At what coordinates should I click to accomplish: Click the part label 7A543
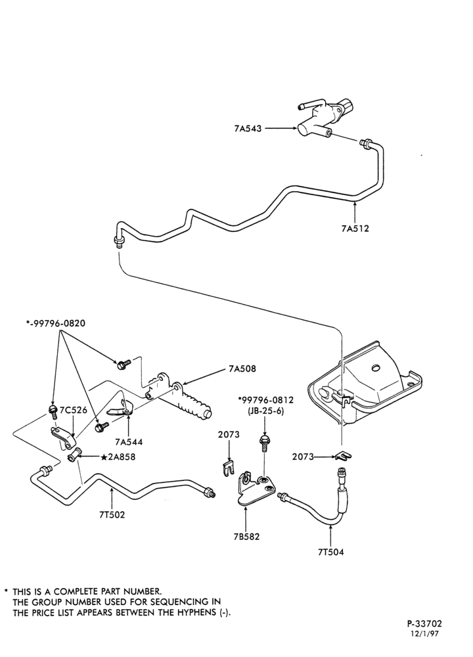coord(248,129)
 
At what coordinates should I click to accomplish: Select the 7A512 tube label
coord(355,229)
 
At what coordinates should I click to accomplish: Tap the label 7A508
coord(242,369)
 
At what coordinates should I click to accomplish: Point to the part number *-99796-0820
coord(55,324)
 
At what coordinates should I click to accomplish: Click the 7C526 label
coord(74,409)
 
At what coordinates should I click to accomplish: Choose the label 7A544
coord(129,442)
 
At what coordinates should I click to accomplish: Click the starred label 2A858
coord(118,457)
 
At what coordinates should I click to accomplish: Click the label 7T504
coord(330,552)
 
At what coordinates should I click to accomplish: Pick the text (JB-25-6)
coord(265,411)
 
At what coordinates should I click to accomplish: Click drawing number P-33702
coord(424,624)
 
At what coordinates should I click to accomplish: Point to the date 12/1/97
coord(426,634)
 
